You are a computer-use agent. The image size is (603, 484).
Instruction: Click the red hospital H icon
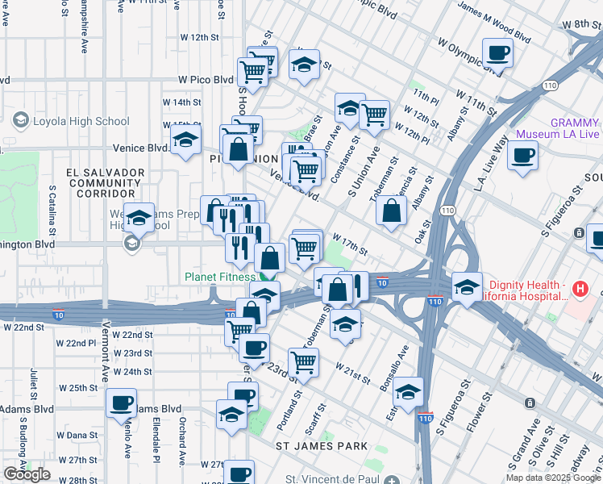(578, 288)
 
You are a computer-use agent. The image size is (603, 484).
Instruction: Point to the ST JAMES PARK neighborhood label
(322, 445)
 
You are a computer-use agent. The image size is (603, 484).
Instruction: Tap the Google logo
(27, 474)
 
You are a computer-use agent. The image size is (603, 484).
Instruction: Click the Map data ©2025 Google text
(552, 478)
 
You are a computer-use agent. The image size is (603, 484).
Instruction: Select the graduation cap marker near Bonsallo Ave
(409, 391)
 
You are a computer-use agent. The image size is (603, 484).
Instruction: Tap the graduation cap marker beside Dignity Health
(467, 286)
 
